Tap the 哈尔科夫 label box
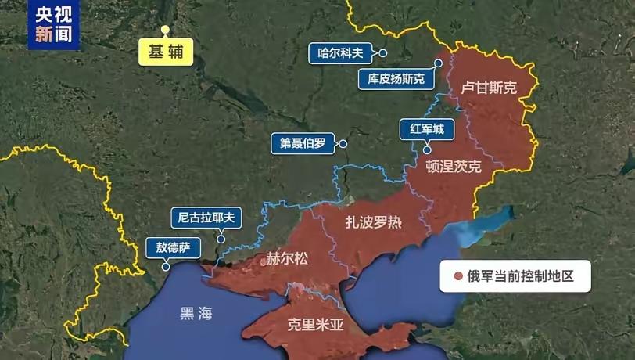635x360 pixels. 341,53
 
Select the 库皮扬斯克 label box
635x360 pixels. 396,78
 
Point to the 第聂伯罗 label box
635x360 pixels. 302,143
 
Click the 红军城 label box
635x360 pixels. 427,129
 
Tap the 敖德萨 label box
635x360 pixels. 173,249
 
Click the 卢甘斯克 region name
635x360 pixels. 490,88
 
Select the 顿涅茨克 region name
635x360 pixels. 454,167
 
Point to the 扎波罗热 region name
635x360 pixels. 374,221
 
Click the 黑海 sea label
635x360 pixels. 196,314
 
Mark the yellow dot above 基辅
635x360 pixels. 165,30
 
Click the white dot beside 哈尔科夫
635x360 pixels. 384,53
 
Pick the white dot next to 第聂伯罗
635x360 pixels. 343,143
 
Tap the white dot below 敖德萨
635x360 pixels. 165,267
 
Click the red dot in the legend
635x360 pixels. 458,276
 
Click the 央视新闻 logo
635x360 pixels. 54,23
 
